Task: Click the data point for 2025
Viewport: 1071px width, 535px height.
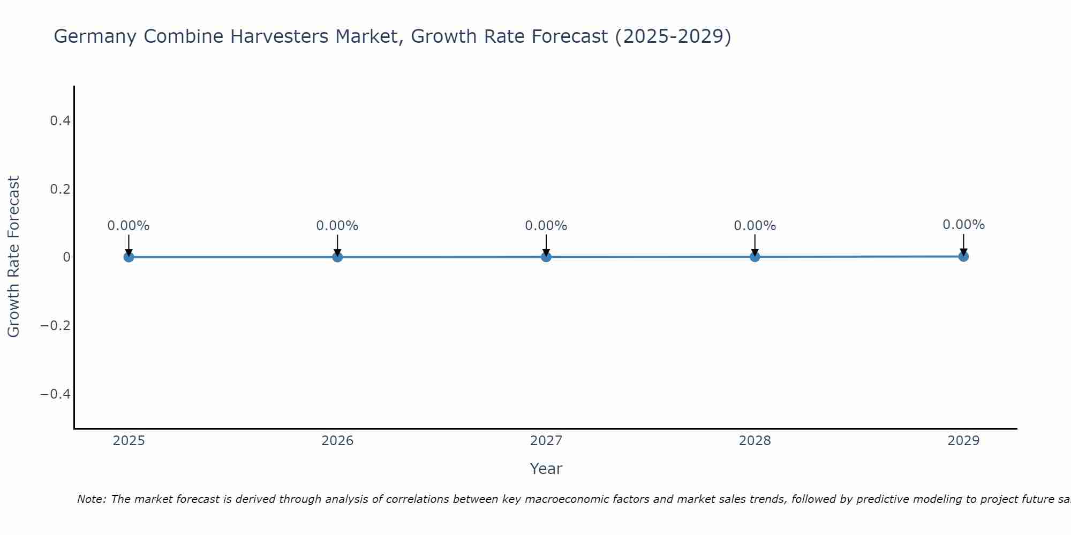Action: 129,257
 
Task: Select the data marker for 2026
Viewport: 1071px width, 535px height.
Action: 337,257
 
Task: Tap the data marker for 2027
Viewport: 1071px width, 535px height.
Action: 546,257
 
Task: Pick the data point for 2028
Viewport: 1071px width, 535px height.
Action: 755,257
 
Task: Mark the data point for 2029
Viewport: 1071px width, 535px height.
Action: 963,256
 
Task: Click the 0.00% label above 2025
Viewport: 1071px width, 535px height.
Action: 129,226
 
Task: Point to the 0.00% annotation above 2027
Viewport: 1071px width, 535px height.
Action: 546,226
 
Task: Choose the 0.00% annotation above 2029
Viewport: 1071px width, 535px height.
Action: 963,225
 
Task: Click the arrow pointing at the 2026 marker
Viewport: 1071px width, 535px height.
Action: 337,245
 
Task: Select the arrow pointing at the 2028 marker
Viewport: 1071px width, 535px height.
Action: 755,245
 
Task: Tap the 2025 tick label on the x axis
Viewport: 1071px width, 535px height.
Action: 129,441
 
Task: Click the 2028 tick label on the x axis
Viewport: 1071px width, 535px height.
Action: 755,441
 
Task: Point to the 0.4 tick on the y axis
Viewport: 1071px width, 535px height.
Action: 60,121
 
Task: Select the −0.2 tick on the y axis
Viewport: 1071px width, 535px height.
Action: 56,325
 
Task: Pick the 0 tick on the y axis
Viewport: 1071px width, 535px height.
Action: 66,257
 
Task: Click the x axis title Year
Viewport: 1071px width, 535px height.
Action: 546,469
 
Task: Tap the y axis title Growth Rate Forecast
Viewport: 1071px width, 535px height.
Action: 13,257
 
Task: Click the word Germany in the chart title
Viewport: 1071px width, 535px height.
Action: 95,37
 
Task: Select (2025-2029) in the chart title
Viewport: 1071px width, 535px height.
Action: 673,37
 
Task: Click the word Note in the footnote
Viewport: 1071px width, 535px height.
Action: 91,499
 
